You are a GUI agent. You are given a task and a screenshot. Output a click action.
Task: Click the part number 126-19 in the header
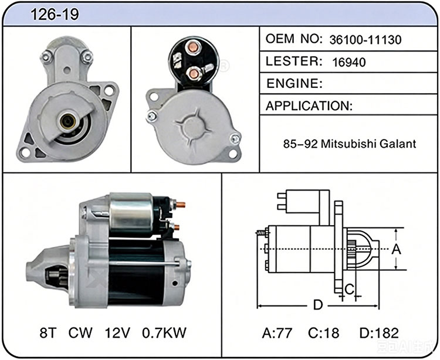(55, 14)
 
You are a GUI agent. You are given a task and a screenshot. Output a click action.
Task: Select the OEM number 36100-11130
(365, 40)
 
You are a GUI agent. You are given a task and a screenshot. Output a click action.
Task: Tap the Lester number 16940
(349, 62)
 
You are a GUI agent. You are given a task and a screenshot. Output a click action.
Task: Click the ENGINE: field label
(295, 83)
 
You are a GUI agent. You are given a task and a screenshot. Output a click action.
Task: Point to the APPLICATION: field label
(309, 106)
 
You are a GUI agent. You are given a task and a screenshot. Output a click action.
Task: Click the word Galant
(398, 144)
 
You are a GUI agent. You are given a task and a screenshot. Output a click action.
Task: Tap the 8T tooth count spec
(48, 333)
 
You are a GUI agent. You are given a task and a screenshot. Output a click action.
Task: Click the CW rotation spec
(80, 333)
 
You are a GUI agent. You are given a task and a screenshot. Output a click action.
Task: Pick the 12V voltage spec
(117, 333)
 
